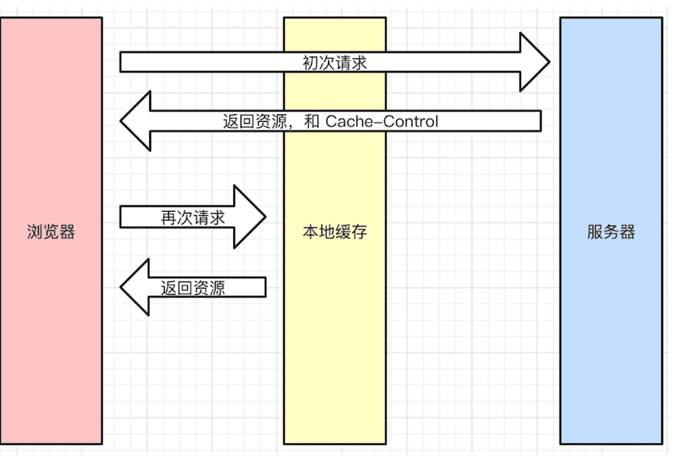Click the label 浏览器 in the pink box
coord(51,232)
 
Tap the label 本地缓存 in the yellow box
coord(335,232)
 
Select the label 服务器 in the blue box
coord(611,232)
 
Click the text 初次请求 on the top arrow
coord(335,63)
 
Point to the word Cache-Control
coord(382,121)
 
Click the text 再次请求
coord(193,218)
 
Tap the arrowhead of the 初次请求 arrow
coord(534,62)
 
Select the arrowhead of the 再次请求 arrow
coord(249,217)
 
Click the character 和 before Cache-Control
coord(312,121)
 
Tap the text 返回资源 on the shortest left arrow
coord(193,288)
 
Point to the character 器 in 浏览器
coord(67,232)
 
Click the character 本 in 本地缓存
coord(311,232)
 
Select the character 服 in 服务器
coord(595,232)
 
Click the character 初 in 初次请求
coord(310,63)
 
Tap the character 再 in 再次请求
coord(169,218)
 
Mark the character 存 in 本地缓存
coord(359,232)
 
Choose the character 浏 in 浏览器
coord(35,232)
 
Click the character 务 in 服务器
coord(611,232)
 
